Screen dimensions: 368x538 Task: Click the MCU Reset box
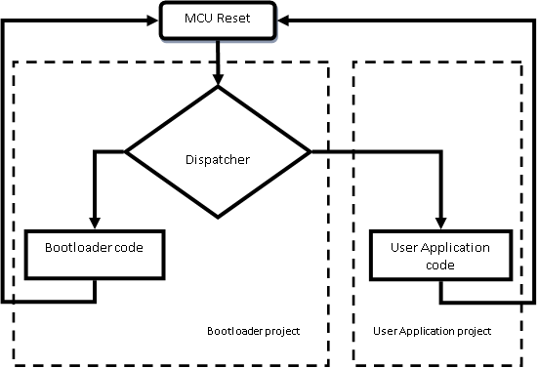click(218, 20)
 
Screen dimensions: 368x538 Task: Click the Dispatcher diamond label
click(218, 158)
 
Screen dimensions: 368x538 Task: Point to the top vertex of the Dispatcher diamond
click(218, 87)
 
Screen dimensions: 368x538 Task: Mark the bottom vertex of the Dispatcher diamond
click(218, 217)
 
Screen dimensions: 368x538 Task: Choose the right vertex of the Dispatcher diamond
click(310, 151)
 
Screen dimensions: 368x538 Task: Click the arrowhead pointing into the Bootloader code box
click(95, 224)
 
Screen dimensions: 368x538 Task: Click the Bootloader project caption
click(253, 332)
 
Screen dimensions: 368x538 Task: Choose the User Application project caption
click(432, 332)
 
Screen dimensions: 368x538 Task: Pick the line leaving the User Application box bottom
click(443, 293)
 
